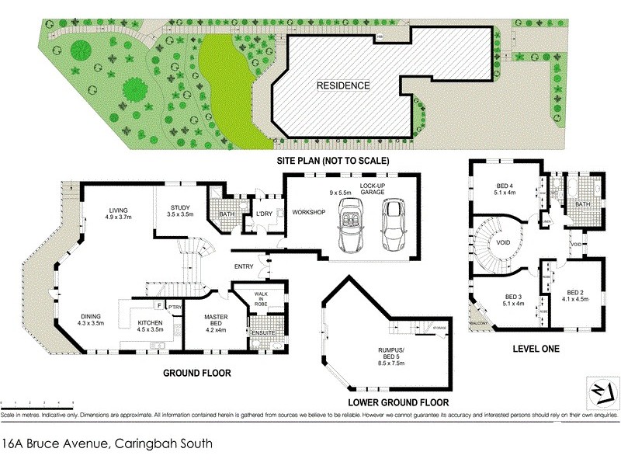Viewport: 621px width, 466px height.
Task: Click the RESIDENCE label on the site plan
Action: (342, 85)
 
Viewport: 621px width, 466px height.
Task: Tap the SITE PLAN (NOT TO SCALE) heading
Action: (332, 161)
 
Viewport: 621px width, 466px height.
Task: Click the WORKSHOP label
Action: (307, 212)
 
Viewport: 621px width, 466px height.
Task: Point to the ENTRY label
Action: (244, 268)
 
